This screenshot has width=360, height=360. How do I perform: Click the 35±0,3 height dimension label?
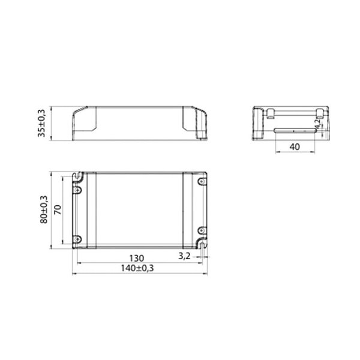42,124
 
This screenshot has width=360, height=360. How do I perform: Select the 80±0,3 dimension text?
43,209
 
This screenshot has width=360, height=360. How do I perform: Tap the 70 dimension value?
57,209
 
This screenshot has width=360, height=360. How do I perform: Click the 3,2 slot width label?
185,256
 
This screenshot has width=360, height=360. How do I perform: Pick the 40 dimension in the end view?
294,146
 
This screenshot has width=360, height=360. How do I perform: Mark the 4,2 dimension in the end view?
319,125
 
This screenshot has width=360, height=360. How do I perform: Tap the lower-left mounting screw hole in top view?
77,238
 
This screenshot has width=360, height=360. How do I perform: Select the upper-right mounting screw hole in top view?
201,180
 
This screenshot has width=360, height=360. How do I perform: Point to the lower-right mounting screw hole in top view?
201,230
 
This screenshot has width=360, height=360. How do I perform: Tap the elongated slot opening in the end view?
294,130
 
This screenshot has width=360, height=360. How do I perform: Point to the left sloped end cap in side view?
85,124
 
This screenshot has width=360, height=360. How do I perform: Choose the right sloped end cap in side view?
196,124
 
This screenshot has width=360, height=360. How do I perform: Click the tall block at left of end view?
257,123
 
